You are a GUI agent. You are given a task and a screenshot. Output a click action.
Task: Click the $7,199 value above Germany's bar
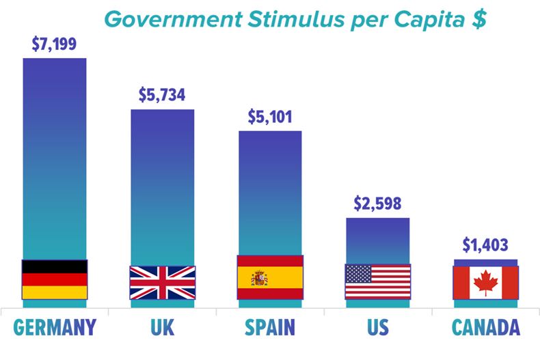pos(54,45)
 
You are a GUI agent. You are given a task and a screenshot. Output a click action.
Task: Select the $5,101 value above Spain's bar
pos(269,117)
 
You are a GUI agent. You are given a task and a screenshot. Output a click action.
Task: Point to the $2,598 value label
pos(377,204)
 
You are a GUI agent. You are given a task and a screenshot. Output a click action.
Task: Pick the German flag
pos(55,279)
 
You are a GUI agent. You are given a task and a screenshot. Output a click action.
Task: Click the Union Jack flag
pos(162,282)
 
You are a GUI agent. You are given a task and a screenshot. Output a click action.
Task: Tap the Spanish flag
pos(269,277)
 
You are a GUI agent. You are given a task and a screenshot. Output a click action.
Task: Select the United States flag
pos(377,281)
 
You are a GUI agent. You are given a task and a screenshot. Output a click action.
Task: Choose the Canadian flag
pos(485,282)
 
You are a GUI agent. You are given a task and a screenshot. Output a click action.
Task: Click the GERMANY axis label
pos(54,327)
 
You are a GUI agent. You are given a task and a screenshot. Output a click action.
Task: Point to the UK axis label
pos(162,327)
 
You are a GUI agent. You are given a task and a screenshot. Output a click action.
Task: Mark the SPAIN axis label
pos(269,327)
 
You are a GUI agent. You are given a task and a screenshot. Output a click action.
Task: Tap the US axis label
pos(377,327)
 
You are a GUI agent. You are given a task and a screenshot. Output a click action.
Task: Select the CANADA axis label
pos(485,327)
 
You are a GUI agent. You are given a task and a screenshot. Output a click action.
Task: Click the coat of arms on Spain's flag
pos(259,277)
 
